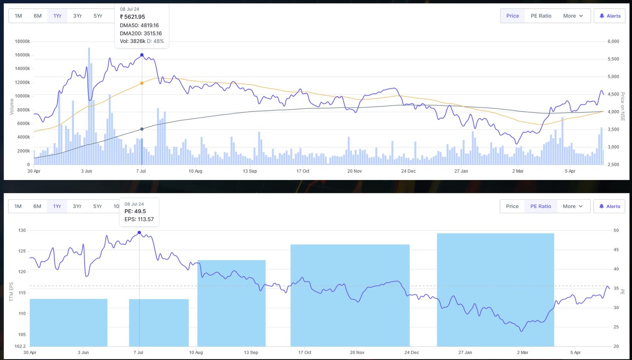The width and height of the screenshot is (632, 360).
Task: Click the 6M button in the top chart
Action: [x=38, y=16]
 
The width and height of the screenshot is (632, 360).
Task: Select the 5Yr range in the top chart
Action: [x=98, y=16]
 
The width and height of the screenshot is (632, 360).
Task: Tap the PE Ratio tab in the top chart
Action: [x=541, y=16]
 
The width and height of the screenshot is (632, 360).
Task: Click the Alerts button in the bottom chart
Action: [x=609, y=206]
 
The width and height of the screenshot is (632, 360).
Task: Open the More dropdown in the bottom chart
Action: [x=572, y=206]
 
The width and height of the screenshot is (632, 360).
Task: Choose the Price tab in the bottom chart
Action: [x=512, y=206]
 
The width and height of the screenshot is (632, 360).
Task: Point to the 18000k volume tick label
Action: [x=22, y=41]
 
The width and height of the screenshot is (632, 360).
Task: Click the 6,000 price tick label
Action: [x=613, y=41]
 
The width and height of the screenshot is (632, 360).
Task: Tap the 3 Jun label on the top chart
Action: [x=87, y=171]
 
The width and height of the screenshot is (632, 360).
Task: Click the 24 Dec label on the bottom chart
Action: [x=412, y=352]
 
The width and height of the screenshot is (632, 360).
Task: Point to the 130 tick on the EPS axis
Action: [x=22, y=230]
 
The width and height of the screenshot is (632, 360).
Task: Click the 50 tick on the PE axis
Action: [x=616, y=230]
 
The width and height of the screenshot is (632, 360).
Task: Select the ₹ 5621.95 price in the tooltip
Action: [x=132, y=17]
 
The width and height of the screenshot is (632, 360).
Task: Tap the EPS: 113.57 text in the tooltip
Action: [x=139, y=219]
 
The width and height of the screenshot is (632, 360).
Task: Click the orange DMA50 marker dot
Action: [x=142, y=83]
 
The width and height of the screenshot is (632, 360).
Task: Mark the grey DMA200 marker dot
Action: [x=142, y=129]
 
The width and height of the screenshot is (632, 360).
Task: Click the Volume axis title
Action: [x=11, y=107]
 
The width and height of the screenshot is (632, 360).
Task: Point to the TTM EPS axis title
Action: [x=11, y=291]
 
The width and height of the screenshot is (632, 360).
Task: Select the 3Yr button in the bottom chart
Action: [x=77, y=206]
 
